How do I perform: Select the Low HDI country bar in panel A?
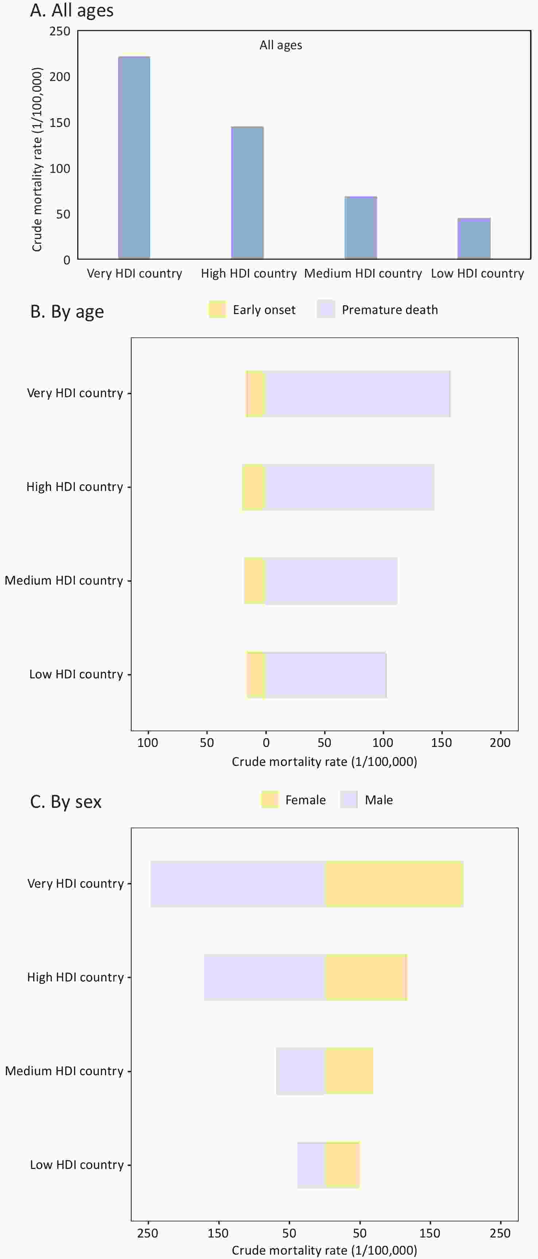tap(473, 238)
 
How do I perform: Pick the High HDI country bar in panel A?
tap(247, 192)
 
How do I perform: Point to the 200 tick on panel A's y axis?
tap(60, 77)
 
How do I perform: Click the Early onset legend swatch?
tap(217, 309)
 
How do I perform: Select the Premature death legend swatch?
tap(326, 309)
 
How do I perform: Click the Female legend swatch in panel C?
tap(270, 799)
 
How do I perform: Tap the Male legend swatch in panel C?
tap(349, 799)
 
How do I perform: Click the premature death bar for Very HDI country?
tap(358, 394)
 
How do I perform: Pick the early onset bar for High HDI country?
tap(254, 487)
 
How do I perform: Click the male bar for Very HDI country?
tap(238, 884)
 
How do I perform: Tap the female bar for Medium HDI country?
tap(349, 1070)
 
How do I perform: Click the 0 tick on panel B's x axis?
tap(266, 743)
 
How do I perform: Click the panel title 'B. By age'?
tap(67, 311)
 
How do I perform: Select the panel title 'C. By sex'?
tap(66, 802)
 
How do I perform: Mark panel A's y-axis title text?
tap(37, 160)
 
